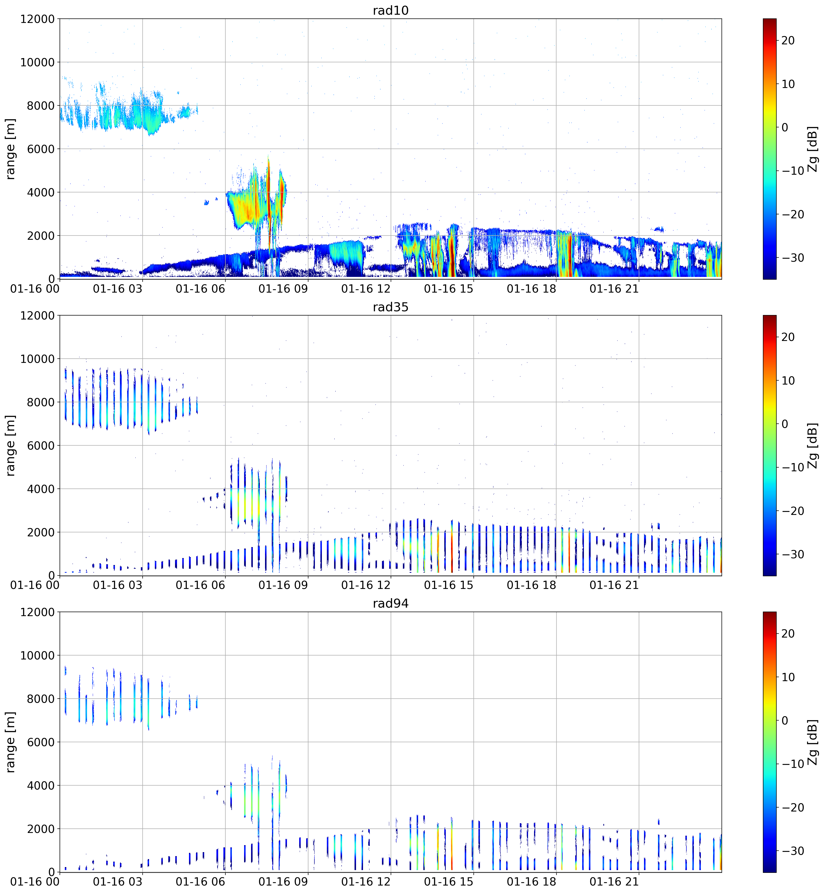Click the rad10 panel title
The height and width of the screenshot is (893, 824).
tap(391, 10)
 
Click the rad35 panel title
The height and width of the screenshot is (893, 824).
tap(391, 307)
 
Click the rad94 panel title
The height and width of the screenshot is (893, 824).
tap(391, 604)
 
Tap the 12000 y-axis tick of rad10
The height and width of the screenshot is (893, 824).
tap(37, 19)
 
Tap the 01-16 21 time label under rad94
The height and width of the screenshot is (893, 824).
tap(614, 882)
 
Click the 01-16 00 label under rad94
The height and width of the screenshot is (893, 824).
tap(35, 882)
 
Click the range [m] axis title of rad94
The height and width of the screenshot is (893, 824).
tap(10, 742)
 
